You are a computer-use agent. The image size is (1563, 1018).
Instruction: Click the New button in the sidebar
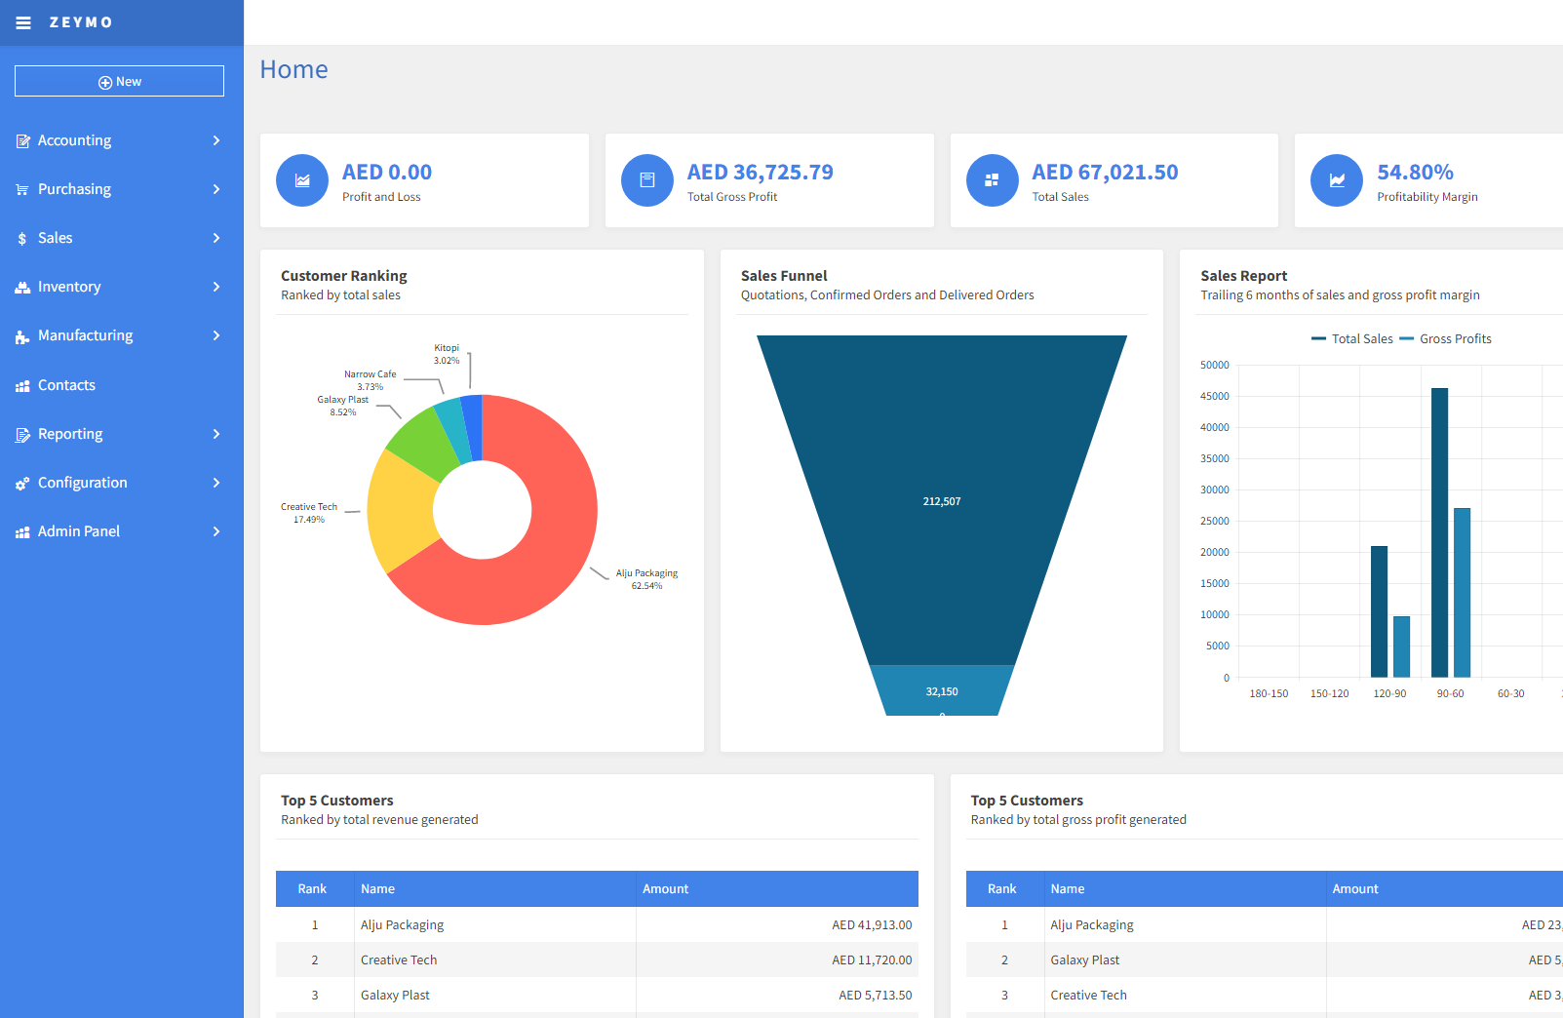coord(119,81)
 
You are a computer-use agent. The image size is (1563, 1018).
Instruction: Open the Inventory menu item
coord(69,287)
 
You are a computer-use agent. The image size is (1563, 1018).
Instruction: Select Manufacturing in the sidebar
coord(85,335)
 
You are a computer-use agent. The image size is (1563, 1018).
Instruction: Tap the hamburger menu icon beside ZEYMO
coord(23,22)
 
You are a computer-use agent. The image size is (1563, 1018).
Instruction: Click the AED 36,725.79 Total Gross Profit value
coord(760,173)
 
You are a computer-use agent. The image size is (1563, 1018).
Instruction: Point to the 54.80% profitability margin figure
coord(1415,173)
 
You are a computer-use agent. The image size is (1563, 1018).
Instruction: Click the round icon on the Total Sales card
coord(992,180)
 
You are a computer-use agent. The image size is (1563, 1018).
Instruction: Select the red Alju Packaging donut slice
coord(546,546)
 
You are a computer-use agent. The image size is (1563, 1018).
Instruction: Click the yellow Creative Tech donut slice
coord(400,507)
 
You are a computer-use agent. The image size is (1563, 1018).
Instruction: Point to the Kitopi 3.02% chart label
coord(447,354)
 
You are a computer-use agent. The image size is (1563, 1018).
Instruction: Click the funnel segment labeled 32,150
coord(942,690)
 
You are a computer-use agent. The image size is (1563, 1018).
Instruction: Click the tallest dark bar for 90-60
coord(1439,531)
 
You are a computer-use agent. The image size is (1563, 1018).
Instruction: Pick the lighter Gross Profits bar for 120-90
coord(1401,646)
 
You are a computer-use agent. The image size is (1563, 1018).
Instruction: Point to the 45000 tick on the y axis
coord(1215,396)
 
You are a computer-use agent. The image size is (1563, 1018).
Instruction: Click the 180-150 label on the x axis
coord(1269,693)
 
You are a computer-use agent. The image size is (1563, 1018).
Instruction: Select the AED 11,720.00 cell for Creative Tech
coord(872,960)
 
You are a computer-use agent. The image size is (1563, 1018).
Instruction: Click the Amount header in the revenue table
coord(666,889)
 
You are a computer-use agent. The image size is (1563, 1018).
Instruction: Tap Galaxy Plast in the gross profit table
coord(1084,960)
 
